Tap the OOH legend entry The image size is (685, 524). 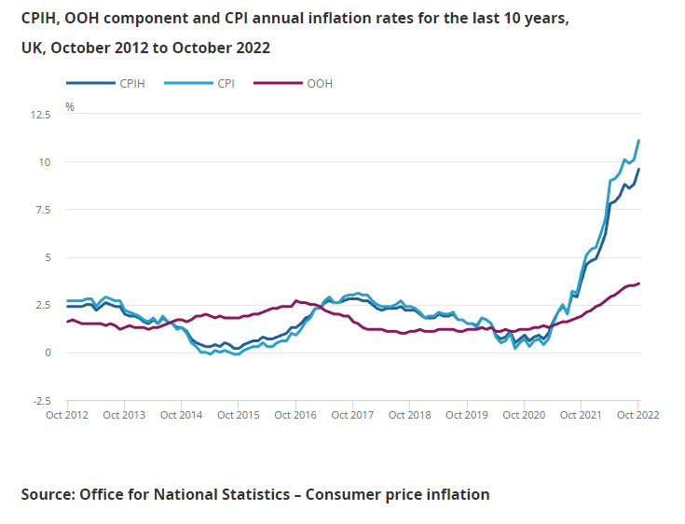tap(319, 84)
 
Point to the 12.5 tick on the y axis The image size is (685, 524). tap(40, 115)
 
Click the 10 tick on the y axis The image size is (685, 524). tap(45, 162)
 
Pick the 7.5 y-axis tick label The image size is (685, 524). tap(43, 210)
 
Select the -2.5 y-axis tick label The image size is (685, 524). tap(41, 400)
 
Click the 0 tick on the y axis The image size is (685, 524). tap(48, 352)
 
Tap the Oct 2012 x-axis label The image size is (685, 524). tap(66, 415)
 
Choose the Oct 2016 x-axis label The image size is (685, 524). tap(295, 415)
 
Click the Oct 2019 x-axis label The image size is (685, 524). tap(466, 415)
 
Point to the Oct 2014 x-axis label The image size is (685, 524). tap(181, 415)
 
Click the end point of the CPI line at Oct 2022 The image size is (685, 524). tap(638, 141)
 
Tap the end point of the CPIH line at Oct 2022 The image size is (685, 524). tap(638, 169)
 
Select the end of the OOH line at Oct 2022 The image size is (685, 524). tap(638, 283)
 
